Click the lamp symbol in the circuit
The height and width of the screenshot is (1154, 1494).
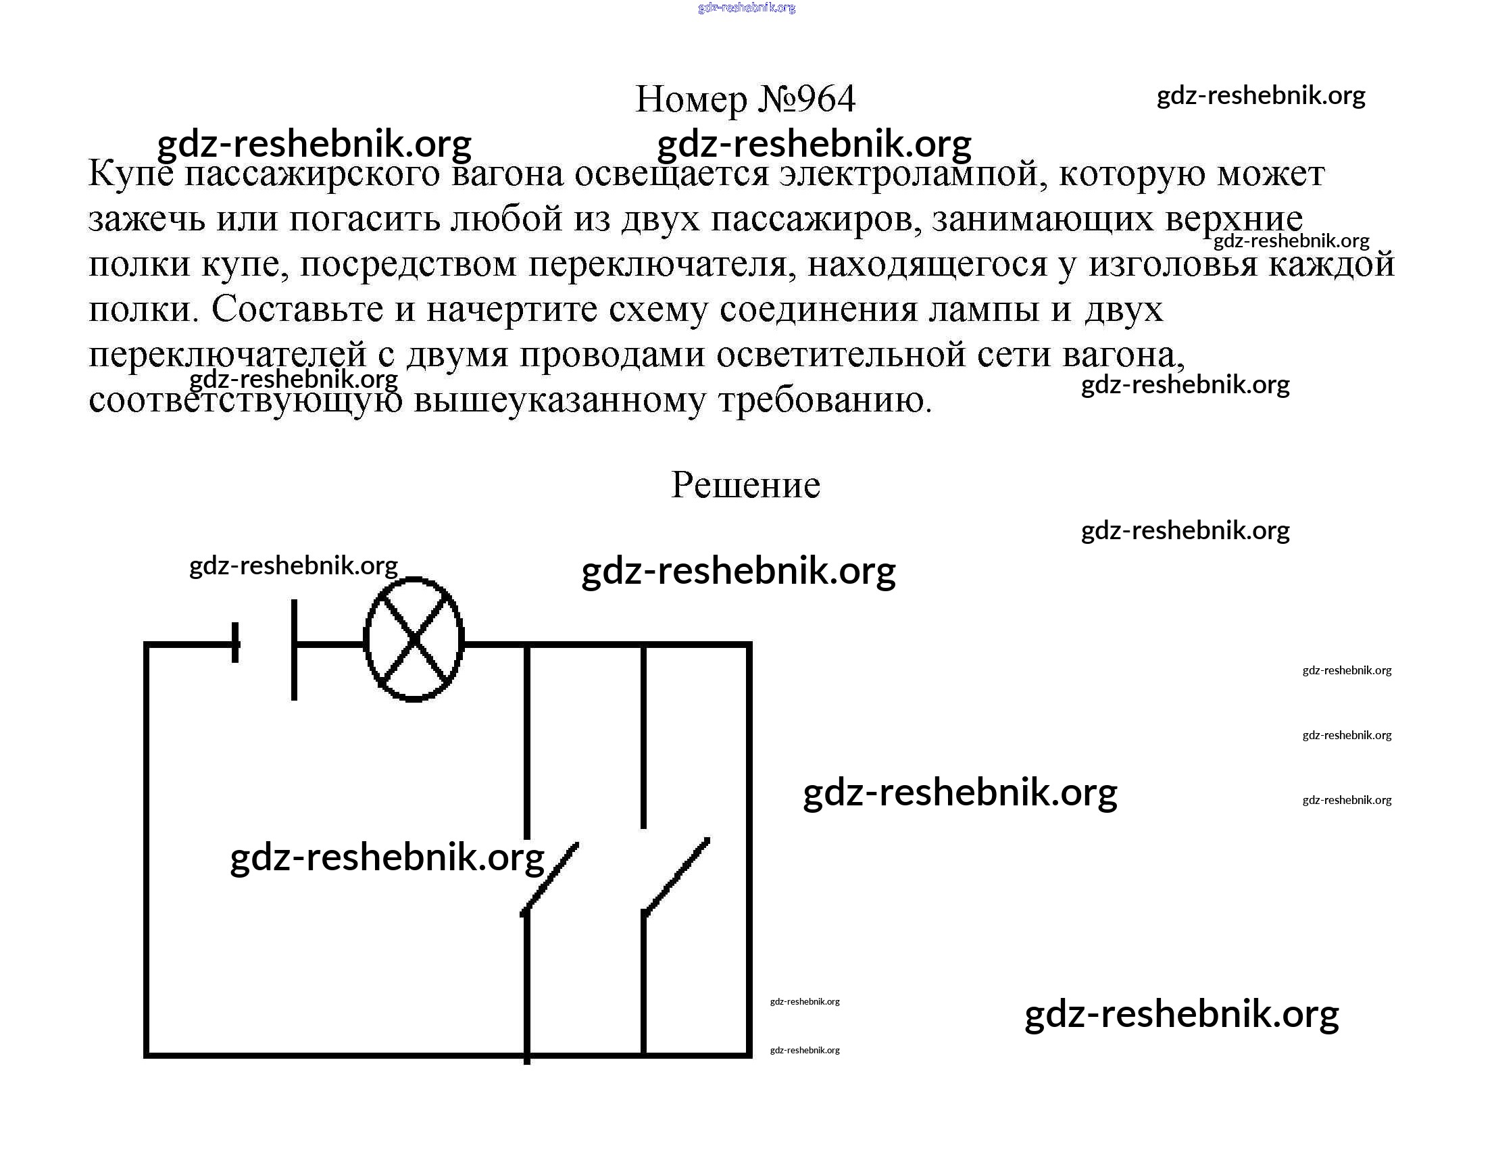pyautogui.click(x=414, y=640)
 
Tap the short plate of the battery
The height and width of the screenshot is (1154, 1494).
pyautogui.click(x=236, y=643)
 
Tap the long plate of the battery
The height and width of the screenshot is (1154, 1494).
pyautogui.click(x=294, y=649)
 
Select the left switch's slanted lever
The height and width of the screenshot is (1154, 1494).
pyautogui.click(x=550, y=879)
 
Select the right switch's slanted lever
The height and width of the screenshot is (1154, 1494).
pyautogui.click(x=676, y=876)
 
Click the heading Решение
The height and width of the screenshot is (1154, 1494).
pyautogui.click(x=745, y=485)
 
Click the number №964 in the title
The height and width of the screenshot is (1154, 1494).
pyautogui.click(x=807, y=99)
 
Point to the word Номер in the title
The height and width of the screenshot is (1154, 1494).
pyautogui.click(x=691, y=99)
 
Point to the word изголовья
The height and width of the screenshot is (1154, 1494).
pyautogui.click(x=1172, y=264)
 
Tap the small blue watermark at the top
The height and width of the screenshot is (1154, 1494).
pyautogui.click(x=746, y=7)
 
